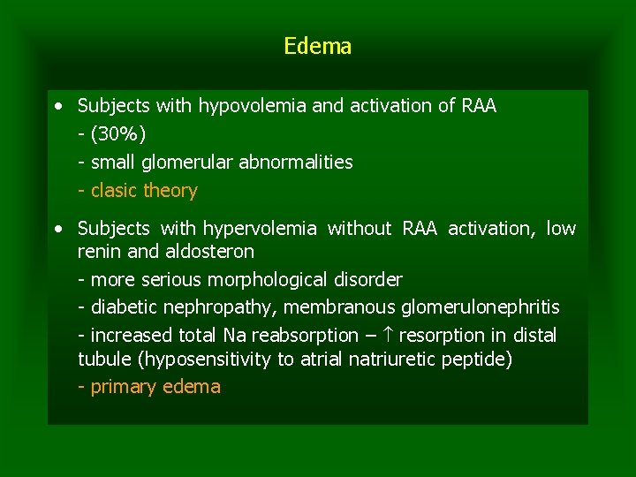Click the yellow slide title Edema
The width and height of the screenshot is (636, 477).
318,46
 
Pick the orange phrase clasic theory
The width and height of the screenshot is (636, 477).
144,191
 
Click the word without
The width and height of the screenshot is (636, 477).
359,229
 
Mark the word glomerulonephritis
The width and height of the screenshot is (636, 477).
480,307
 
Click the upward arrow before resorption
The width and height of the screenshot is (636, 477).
389,336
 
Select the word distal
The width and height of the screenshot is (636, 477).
533,336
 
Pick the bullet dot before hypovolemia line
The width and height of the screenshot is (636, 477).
58,106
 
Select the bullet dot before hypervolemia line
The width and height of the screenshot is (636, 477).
58,229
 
